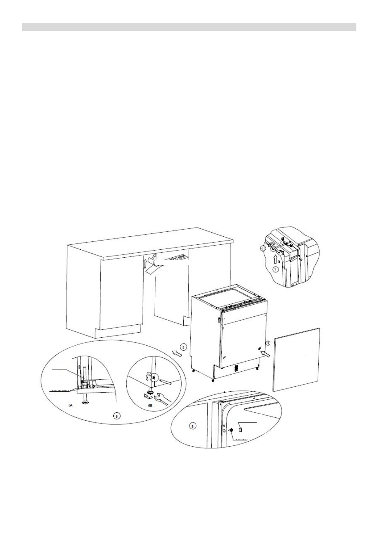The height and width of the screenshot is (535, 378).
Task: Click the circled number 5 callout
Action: point(183,346)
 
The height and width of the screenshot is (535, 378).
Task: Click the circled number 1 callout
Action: point(268,343)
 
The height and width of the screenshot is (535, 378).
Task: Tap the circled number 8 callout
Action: point(193,426)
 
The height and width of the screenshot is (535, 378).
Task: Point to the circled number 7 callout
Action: point(275,270)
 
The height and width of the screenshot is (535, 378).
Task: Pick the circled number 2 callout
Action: point(262,249)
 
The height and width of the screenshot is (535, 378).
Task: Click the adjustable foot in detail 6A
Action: point(84,402)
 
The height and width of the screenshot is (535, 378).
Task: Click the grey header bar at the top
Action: point(189,27)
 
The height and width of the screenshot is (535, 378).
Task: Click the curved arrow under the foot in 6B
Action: point(147,396)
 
